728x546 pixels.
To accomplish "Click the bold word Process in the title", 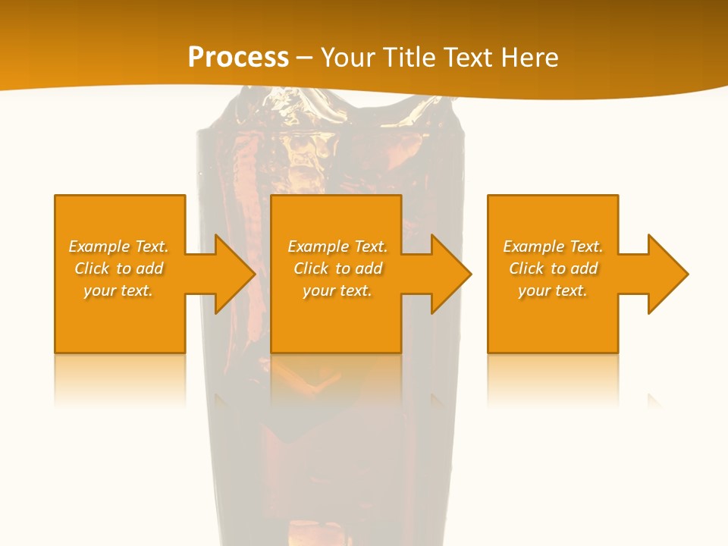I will click(238, 58).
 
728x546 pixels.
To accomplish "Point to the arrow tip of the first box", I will click(254, 274).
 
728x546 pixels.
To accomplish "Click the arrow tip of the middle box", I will click(470, 274).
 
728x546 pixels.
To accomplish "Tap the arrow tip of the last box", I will click(686, 274).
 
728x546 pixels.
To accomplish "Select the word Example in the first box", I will click(99, 246).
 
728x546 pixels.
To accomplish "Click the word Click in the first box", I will click(93, 268).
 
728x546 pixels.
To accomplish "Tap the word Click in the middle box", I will click(312, 268).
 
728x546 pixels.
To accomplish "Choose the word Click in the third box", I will click(527, 268).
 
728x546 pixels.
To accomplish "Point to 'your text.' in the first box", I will click(118, 290).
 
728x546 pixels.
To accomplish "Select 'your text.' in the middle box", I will click(337, 290).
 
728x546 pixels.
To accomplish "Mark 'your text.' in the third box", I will click(553, 290).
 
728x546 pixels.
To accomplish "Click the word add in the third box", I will click(585, 268).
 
